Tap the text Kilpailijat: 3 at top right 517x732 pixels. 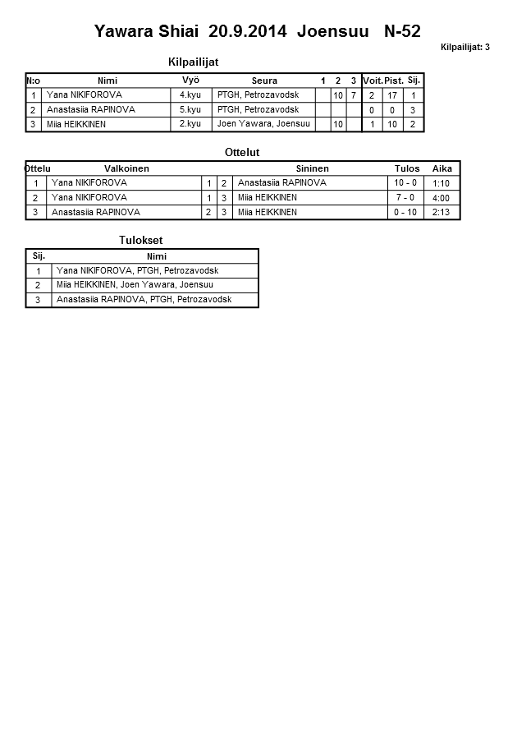point(464,48)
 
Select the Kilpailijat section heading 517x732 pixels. point(193,62)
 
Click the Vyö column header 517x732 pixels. point(190,80)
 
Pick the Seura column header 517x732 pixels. point(264,81)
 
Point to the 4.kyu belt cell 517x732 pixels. point(190,95)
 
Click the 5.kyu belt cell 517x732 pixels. point(190,109)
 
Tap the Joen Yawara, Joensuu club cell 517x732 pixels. point(263,124)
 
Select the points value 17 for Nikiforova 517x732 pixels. point(392,95)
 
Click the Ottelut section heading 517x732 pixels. point(242,152)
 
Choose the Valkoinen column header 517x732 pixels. point(126,168)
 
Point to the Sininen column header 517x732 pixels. point(312,168)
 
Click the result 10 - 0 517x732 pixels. point(405,183)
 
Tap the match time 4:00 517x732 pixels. point(441,198)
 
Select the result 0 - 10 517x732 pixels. point(405,212)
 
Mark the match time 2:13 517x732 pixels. point(441,212)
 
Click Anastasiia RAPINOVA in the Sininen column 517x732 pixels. point(281,183)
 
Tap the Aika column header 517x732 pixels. point(442,168)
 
